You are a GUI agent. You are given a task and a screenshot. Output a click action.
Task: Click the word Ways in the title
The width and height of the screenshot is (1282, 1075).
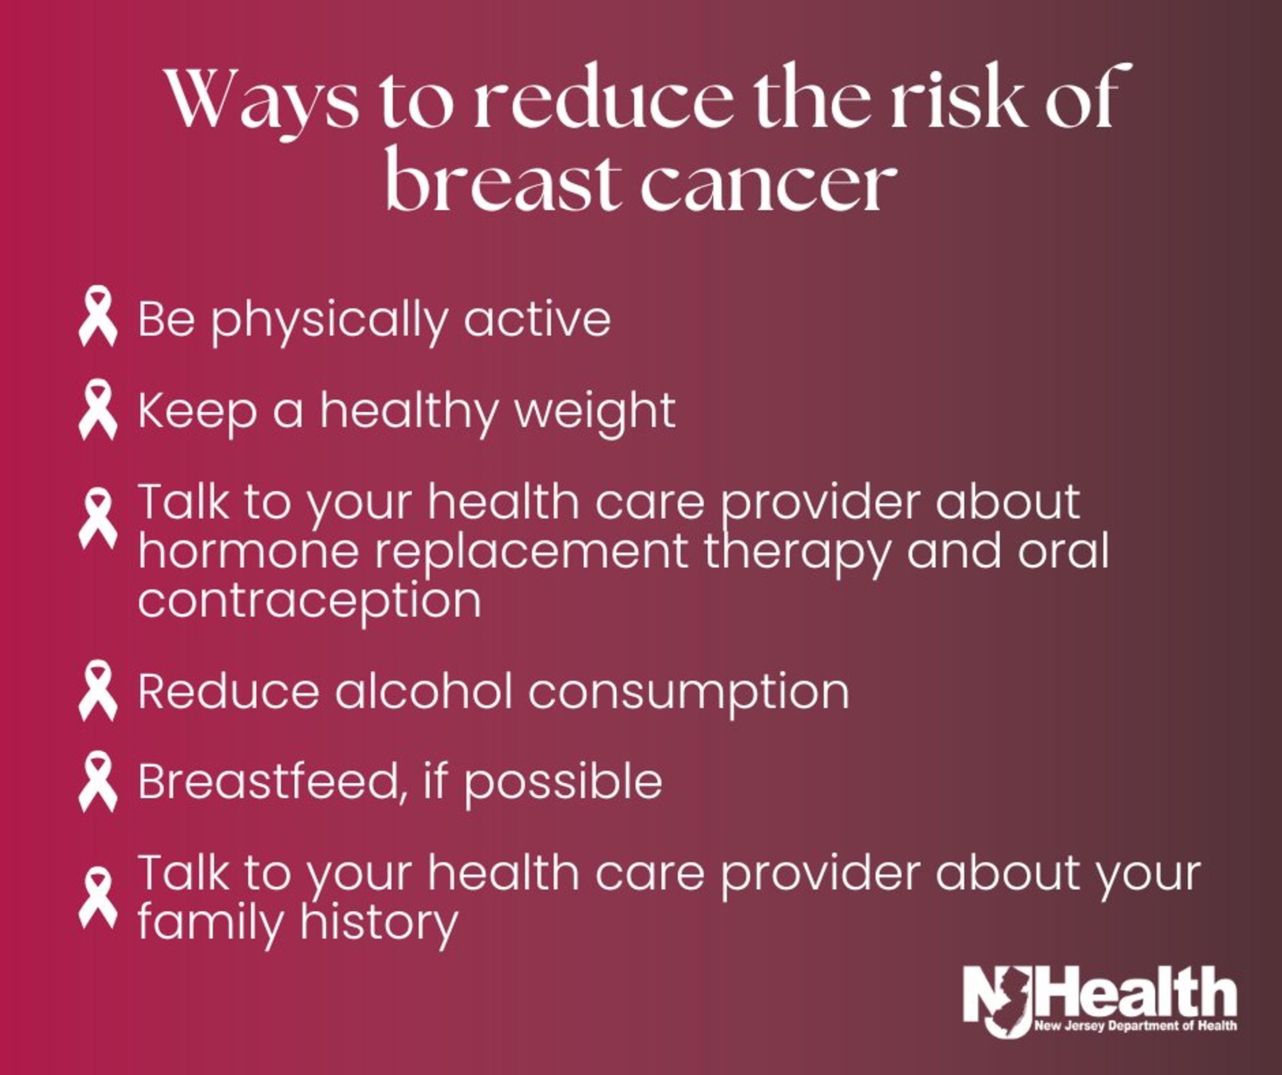point(262,102)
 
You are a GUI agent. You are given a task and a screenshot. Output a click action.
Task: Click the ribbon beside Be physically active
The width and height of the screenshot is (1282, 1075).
point(98,316)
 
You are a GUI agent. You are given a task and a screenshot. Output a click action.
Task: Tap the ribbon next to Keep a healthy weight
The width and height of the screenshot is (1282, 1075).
point(98,409)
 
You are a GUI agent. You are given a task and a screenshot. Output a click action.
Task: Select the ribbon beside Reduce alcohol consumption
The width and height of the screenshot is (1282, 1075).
point(98,690)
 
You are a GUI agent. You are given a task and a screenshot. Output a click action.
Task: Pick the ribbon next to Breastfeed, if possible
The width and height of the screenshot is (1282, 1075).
point(98,781)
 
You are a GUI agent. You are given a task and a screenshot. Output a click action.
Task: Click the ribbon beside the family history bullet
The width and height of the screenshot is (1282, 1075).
point(98,897)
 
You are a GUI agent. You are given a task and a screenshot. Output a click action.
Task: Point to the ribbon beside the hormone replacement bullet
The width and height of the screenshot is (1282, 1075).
point(98,518)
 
